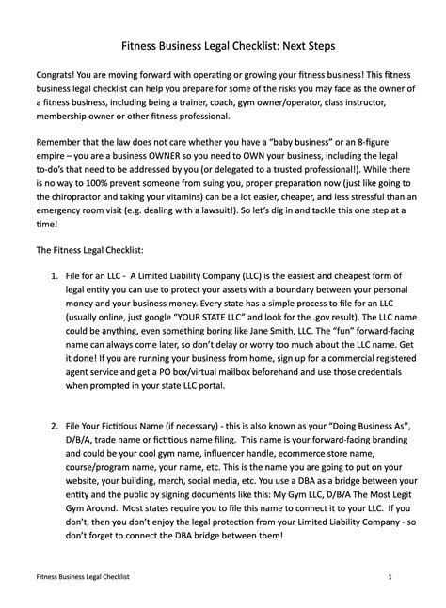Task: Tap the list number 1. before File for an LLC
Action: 56,306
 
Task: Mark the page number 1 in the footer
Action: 389,572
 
